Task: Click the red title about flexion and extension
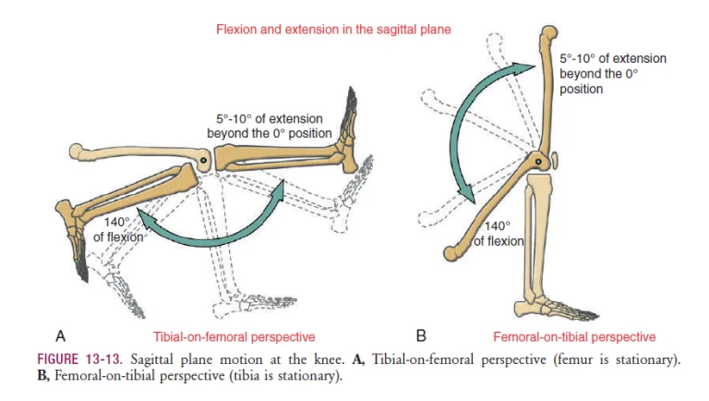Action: pyautogui.click(x=333, y=30)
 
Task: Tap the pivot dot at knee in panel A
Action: pyautogui.click(x=203, y=160)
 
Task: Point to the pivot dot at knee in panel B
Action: pyautogui.click(x=538, y=162)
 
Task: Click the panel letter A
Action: pyautogui.click(x=61, y=336)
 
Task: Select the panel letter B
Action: pyautogui.click(x=421, y=336)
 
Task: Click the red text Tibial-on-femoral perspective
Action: pyautogui.click(x=234, y=337)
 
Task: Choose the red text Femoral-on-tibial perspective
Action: pyautogui.click(x=574, y=337)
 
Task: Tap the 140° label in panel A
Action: pyautogui.click(x=116, y=223)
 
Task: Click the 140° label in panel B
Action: pyautogui.click(x=498, y=225)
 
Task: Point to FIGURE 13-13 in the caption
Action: pyautogui.click(x=79, y=359)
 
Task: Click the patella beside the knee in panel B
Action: pyautogui.click(x=554, y=161)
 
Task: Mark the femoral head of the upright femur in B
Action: pyautogui.click(x=549, y=32)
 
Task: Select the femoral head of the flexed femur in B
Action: pyautogui.click(x=451, y=254)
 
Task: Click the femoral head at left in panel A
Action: pyautogui.click(x=78, y=152)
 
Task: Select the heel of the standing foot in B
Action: pyautogui.click(x=521, y=310)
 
